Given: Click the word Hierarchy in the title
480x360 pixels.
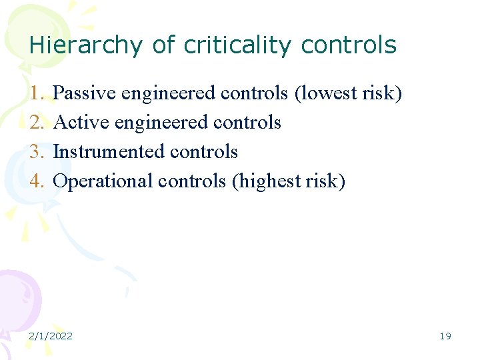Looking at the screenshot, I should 85,45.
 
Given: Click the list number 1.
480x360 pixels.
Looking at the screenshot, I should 37,93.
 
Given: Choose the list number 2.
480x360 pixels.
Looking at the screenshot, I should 37,123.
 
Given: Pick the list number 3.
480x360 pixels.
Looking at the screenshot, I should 37,152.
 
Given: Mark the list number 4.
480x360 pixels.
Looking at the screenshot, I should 37,181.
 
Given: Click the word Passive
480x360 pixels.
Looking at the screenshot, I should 84,93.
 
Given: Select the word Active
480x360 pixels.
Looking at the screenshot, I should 81,123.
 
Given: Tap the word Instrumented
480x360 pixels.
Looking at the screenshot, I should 109,152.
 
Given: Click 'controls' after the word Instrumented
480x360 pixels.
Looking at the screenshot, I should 203,152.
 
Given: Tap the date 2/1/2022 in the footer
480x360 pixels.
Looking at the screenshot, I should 51,336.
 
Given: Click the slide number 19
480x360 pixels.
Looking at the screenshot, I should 445,336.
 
